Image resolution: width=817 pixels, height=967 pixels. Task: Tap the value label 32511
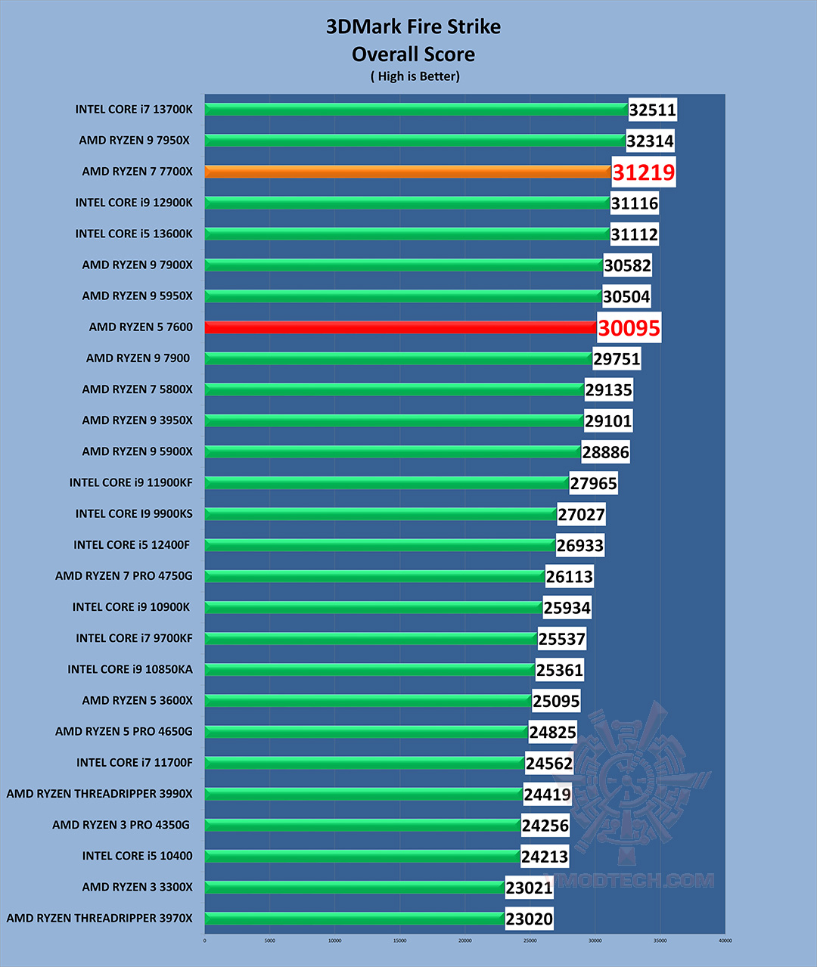coord(652,110)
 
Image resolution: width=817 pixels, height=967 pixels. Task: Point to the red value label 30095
coord(629,328)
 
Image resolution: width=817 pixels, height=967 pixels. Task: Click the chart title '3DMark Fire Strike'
coord(413,27)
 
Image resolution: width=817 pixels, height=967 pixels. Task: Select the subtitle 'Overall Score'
coord(413,54)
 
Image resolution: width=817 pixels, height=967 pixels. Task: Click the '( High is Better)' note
coord(415,76)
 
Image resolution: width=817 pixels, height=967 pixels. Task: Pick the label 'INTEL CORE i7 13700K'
coord(134,110)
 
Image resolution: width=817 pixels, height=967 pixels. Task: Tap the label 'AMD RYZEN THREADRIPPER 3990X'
coord(99,794)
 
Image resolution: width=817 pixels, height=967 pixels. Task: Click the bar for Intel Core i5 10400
coord(362,856)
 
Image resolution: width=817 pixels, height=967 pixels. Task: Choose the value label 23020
coord(529,919)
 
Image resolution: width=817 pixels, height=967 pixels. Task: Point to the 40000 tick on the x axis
coord(725,941)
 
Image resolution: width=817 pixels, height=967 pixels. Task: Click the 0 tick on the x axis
coord(205,941)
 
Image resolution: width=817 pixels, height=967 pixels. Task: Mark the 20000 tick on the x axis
coord(464,941)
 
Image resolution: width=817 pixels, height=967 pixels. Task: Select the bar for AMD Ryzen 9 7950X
coord(415,141)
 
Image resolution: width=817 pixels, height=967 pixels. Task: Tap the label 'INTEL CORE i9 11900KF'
coord(131,482)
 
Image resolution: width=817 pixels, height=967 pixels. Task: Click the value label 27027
coord(581,515)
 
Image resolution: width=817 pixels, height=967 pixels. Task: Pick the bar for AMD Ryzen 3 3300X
coord(354,887)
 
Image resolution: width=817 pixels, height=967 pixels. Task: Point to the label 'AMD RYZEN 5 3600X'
coord(137,701)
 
